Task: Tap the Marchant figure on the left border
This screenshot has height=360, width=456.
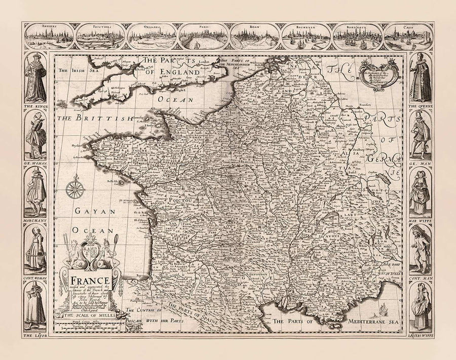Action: (34, 192)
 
